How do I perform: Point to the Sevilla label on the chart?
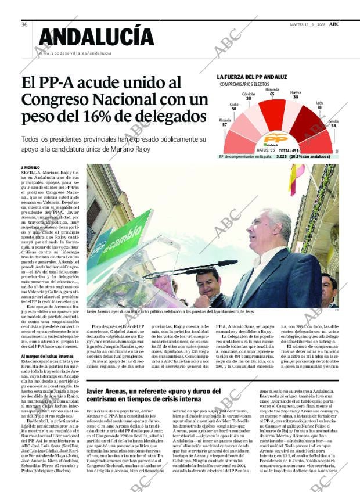point(333,123)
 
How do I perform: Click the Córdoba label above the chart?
point(249,96)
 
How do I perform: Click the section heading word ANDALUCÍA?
point(96,37)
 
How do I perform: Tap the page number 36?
point(25,24)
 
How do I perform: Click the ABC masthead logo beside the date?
point(335,24)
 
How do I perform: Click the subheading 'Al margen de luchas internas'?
point(48,356)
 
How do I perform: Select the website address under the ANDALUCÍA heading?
point(74,53)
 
